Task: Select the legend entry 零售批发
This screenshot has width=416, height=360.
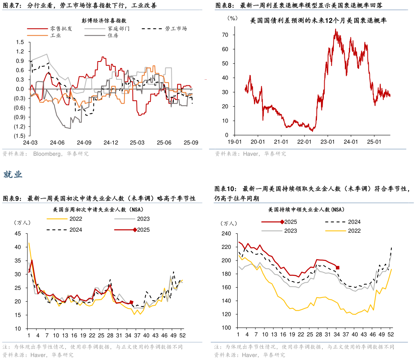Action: coord(61,29)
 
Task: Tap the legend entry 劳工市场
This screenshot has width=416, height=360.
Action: coord(176,29)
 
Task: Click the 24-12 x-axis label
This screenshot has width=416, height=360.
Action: coord(111,142)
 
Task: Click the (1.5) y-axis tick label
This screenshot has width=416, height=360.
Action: coord(19,136)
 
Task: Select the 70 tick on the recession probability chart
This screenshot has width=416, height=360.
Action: coord(225,35)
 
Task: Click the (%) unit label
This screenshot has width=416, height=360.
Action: coord(232,18)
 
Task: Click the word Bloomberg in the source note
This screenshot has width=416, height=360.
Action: coord(46,154)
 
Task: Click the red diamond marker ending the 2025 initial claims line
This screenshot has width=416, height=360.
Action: coord(131,302)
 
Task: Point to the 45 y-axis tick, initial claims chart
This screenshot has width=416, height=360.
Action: coord(18,233)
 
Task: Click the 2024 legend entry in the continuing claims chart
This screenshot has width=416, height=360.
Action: coord(354,222)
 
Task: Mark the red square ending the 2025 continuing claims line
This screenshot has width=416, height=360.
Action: coord(338,267)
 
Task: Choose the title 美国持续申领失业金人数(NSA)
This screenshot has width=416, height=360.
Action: coord(306,210)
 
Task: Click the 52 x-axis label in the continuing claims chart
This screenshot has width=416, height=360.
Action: coord(391,335)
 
